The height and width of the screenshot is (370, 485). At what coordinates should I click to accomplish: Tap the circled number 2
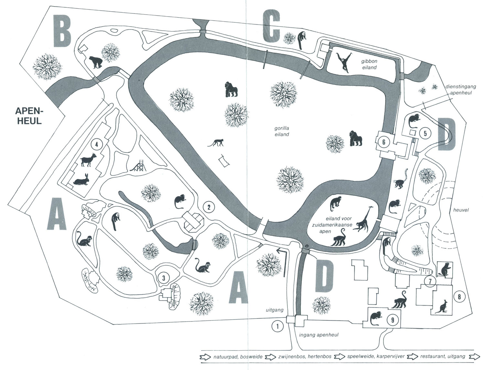[x=209, y=207]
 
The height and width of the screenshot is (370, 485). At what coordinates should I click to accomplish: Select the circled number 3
[x=164, y=277]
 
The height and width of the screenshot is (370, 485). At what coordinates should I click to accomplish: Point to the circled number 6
[x=384, y=142]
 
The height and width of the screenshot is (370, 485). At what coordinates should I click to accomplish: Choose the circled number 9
[x=393, y=320]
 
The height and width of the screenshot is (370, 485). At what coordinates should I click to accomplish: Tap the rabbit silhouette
[x=81, y=180]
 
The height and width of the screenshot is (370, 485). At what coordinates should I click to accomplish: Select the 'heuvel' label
[x=460, y=210]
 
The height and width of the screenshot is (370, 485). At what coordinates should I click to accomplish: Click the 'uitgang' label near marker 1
[x=275, y=310]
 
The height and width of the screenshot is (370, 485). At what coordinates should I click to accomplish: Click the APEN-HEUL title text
[x=28, y=116]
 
